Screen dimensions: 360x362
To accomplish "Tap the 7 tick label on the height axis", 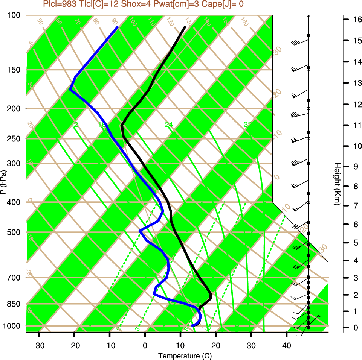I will coord(356,206).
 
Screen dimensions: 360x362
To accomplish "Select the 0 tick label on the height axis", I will coord(356,328).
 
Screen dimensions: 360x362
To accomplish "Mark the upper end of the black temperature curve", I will coord(185,27).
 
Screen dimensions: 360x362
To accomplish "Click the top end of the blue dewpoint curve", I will coord(118,27).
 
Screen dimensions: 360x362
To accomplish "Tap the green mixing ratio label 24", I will coord(169,125).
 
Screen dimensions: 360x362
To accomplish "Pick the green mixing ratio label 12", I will coord(75,125).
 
